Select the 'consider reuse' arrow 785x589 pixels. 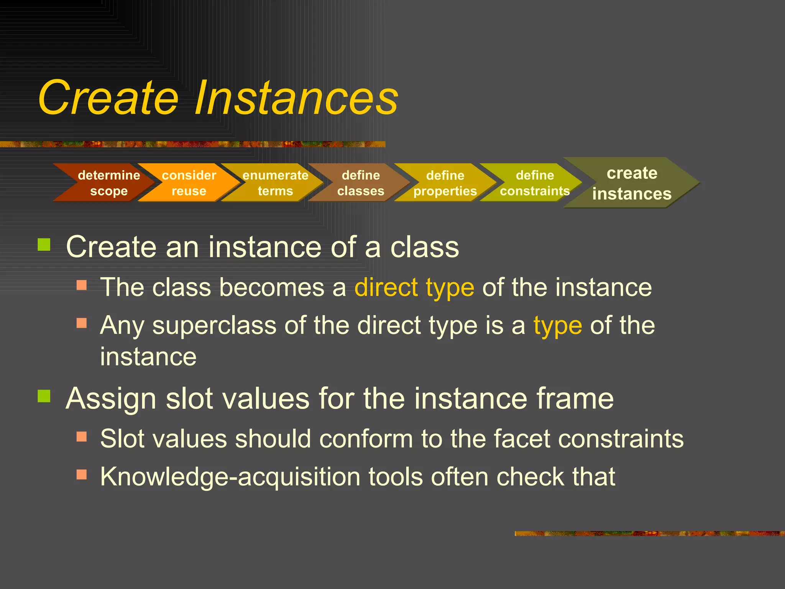point(189,183)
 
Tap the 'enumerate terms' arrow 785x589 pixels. point(275,183)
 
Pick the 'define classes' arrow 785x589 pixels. point(360,183)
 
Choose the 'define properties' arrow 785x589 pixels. point(445,183)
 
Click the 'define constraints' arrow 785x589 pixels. point(535,183)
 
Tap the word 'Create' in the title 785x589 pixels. point(108,98)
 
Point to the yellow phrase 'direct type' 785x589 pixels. point(414,288)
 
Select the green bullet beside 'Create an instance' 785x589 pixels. point(44,244)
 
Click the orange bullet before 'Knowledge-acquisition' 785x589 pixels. point(82,475)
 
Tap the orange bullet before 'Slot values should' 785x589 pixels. point(82,437)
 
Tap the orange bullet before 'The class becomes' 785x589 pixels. point(82,285)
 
